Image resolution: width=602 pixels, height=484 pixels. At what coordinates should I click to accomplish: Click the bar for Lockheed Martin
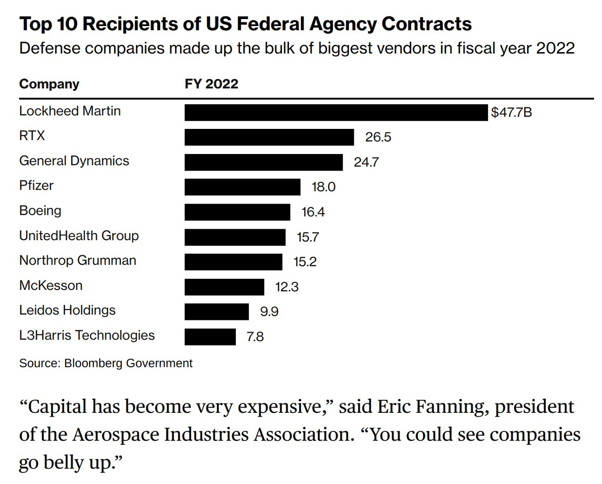(336, 112)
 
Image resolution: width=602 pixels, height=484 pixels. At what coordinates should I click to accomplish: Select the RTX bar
(269, 137)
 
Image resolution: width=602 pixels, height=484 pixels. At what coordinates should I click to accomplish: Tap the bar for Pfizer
(242, 187)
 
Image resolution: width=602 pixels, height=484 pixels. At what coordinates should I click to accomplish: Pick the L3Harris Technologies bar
(210, 337)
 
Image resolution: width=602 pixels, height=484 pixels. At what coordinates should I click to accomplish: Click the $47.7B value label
(511, 112)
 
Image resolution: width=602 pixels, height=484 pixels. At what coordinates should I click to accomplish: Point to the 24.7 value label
(366, 162)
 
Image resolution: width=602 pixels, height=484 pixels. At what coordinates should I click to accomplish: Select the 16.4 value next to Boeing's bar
(313, 212)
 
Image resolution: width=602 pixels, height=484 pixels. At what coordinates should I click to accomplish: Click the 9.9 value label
(269, 312)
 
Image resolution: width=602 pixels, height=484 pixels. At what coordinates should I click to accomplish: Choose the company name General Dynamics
(74, 161)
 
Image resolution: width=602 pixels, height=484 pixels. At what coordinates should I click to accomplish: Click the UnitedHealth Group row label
(79, 236)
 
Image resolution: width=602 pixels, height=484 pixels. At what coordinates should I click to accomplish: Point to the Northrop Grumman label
(77, 261)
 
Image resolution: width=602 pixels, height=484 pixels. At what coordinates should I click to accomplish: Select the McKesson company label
(51, 286)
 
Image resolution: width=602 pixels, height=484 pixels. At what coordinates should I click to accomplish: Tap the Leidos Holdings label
(67, 310)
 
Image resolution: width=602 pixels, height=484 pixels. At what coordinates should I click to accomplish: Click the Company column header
(49, 84)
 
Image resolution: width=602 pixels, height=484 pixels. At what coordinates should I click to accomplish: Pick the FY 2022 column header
(211, 84)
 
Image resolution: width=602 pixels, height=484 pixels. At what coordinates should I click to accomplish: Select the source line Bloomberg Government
(128, 363)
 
